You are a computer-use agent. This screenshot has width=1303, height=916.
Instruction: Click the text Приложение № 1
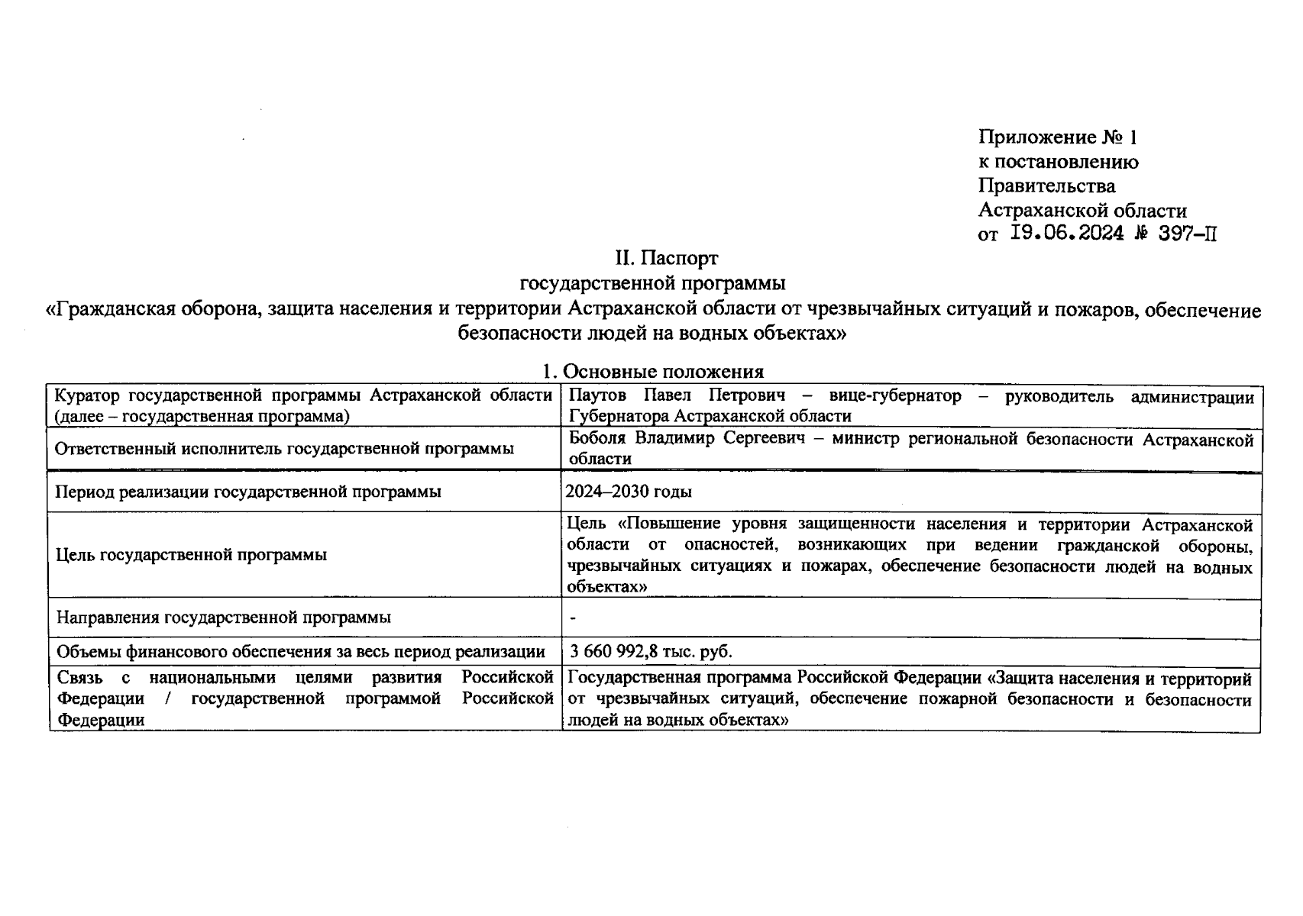pyautogui.click(x=1057, y=137)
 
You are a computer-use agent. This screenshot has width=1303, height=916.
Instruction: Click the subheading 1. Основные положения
pyautogui.click(x=652, y=372)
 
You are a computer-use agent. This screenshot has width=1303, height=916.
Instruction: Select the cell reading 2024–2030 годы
pyautogui.click(x=629, y=492)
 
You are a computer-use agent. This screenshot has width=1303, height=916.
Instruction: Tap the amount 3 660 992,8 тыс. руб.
pyautogui.click(x=650, y=652)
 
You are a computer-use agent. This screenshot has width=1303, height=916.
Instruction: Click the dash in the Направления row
pyautogui.click(x=573, y=618)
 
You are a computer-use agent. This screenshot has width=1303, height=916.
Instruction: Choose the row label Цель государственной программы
pyautogui.click(x=191, y=555)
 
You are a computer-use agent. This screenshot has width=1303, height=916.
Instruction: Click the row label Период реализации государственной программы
pyautogui.click(x=247, y=492)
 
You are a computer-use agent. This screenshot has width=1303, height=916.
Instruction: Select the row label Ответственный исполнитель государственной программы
pyautogui.click(x=283, y=449)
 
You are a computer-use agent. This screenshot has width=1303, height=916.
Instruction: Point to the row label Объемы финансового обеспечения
pyautogui.click(x=300, y=652)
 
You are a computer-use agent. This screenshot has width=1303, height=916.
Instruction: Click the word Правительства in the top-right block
pyautogui.click(x=1046, y=186)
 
